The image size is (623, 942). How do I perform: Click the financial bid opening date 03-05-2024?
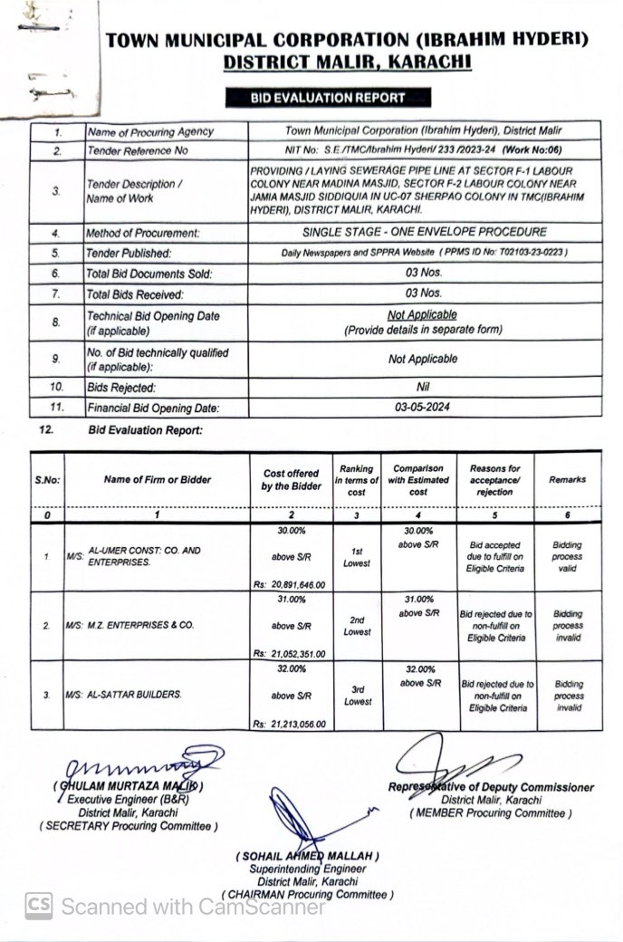coord(424,408)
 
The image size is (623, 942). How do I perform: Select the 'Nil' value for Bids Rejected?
coord(423,387)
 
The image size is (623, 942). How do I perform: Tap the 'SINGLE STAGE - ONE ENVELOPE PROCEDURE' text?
coord(424,232)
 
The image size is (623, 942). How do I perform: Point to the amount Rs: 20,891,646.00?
coord(290,585)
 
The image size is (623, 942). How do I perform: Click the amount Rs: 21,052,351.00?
coord(290,654)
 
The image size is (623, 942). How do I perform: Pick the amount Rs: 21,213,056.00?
coord(290,724)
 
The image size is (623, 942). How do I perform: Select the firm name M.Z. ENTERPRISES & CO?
coord(129,625)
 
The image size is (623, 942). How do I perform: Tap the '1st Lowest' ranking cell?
coord(357,557)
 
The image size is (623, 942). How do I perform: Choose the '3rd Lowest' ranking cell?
coord(357,696)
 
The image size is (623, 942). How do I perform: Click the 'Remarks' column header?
coord(568,480)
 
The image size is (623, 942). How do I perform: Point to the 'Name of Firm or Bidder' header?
coord(156,479)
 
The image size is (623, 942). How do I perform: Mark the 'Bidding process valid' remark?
coord(568,557)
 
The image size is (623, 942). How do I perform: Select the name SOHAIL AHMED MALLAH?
coord(308,856)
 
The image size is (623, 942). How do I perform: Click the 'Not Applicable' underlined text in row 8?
coord(423,315)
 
